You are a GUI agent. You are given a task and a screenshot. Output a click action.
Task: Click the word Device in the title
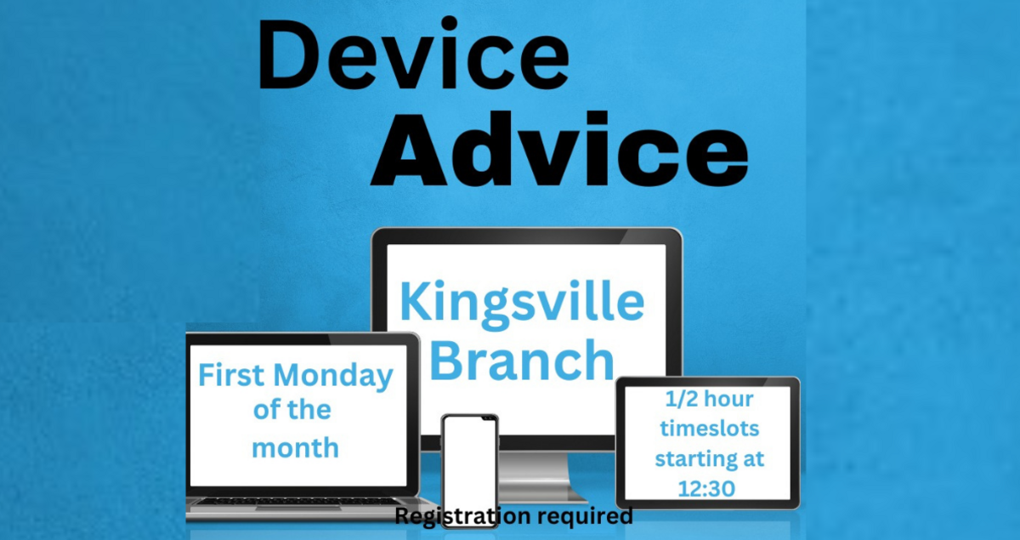tap(414, 55)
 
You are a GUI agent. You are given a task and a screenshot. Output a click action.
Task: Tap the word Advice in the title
tap(558, 153)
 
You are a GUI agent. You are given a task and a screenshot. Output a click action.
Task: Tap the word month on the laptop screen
tap(295, 446)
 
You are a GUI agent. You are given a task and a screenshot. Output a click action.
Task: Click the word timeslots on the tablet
tap(708, 429)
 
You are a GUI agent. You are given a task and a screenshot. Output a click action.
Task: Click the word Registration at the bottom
tap(458, 515)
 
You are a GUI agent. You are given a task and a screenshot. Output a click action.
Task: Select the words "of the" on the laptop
tap(292, 411)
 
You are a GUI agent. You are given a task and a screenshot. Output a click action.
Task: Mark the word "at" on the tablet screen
tap(752, 459)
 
